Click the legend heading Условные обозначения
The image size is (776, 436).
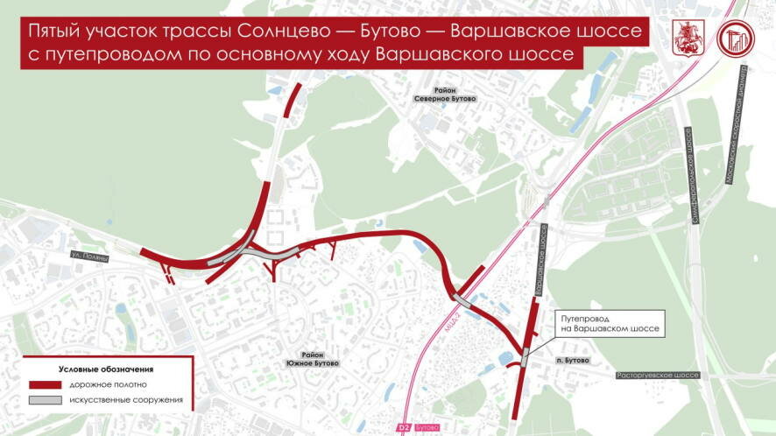click(106, 369)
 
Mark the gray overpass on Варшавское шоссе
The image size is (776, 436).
click(525, 357)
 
